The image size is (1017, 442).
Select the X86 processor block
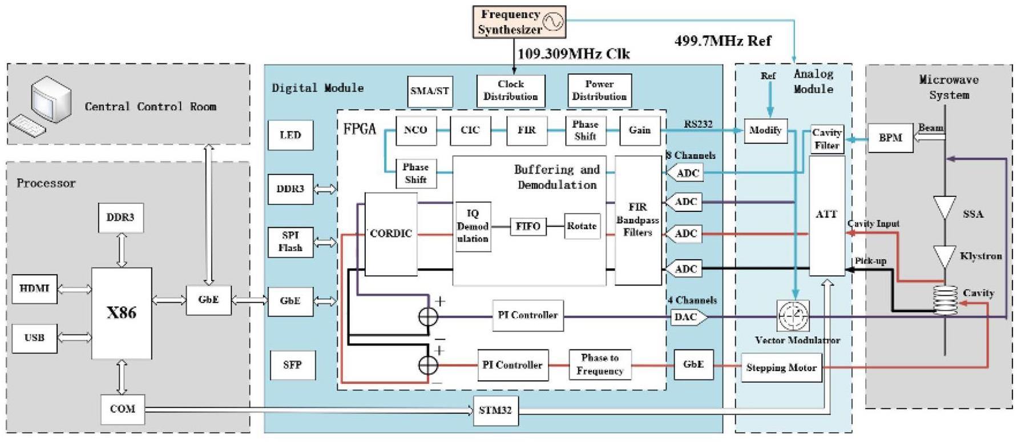click(x=122, y=313)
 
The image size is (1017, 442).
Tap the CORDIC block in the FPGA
click(x=391, y=234)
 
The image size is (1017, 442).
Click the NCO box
click(x=415, y=130)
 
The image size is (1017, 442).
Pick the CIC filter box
click(x=470, y=130)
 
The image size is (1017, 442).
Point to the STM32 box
click(x=495, y=410)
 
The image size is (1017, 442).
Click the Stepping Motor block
click(x=781, y=368)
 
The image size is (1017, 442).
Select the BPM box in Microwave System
click(x=890, y=138)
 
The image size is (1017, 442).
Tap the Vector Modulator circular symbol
click(x=793, y=315)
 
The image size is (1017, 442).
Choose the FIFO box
click(x=528, y=226)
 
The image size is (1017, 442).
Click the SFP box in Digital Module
click(x=292, y=364)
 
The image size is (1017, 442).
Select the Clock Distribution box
click(x=511, y=90)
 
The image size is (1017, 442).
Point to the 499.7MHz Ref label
click(x=723, y=41)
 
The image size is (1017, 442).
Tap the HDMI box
click(x=34, y=288)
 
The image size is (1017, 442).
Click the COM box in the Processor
click(x=122, y=409)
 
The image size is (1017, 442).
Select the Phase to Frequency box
click(x=599, y=364)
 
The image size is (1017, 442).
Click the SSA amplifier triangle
click(x=945, y=207)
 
